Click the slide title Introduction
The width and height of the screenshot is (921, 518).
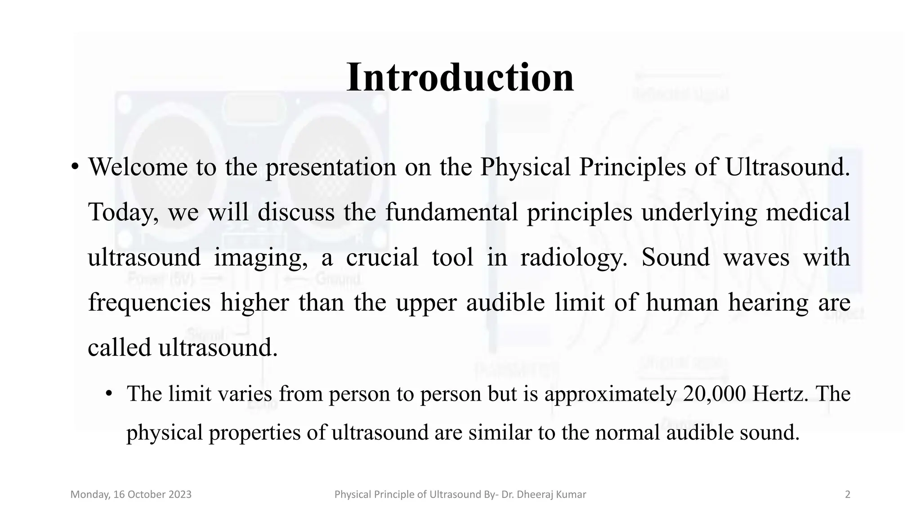coord(460,77)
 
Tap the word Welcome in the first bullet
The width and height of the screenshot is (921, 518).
coord(138,167)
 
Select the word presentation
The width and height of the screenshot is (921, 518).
coord(331,167)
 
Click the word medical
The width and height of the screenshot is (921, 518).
coord(808,212)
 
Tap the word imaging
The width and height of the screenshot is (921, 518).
coord(261,258)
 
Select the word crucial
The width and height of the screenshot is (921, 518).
coord(382,258)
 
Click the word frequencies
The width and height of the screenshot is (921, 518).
coord(149,303)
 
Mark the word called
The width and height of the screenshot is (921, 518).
coord(119,348)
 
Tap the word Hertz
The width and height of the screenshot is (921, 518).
coord(780,394)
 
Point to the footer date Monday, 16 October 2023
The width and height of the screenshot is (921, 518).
coord(131,495)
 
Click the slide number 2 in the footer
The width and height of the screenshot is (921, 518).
coord(848,495)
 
